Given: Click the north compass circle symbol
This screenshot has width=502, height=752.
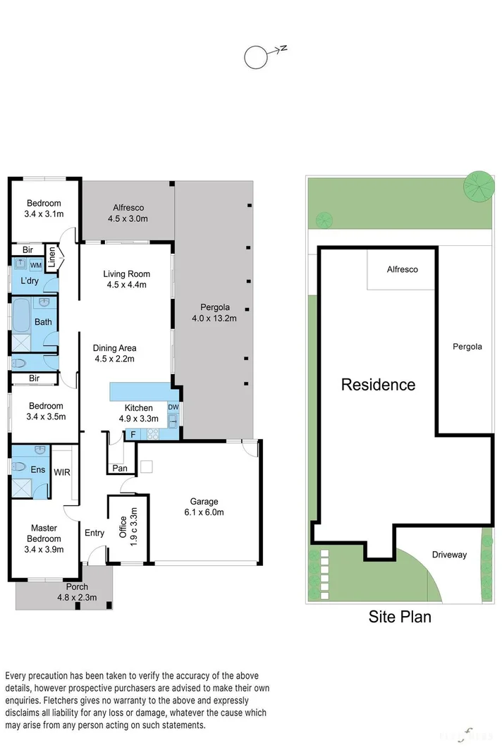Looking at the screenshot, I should point(255,58).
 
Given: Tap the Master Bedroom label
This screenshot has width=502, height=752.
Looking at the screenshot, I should point(44,534).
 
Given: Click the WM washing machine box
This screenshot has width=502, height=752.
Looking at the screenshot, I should point(35,264).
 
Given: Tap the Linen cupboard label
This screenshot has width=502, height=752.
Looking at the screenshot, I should point(52,259).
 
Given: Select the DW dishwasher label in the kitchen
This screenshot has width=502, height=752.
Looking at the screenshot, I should point(173,407).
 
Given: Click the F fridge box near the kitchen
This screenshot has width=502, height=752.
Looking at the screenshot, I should point(131,435).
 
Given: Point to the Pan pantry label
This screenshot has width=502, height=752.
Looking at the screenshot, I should point(119,468).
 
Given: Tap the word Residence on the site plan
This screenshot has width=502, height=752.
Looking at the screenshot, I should point(378,385).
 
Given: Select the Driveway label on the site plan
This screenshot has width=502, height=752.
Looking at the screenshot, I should point(449,555).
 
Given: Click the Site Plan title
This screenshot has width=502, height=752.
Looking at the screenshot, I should point(400,617).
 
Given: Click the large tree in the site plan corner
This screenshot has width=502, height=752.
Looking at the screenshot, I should point(479,185).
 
